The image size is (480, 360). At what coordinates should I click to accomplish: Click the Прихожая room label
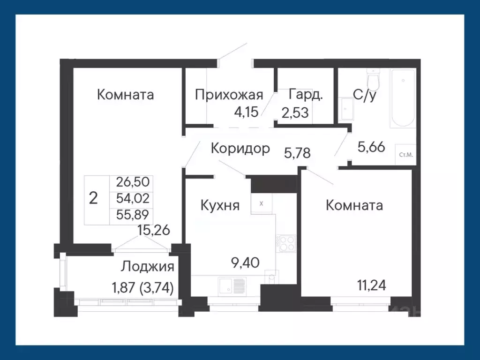(x=228, y=95)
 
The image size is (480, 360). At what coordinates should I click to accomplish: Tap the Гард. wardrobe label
(x=306, y=95)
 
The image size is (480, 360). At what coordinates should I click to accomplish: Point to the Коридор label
(x=240, y=149)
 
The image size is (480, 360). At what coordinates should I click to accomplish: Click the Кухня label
(x=220, y=205)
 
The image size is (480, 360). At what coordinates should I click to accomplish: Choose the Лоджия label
(x=148, y=267)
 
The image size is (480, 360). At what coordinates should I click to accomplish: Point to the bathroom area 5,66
(x=371, y=147)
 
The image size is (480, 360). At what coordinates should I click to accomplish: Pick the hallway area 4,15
(x=247, y=112)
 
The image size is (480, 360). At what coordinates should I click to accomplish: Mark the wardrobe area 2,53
(x=295, y=113)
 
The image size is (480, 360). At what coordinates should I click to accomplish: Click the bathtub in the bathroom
(x=403, y=98)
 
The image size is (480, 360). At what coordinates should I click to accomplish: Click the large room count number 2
(x=93, y=199)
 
